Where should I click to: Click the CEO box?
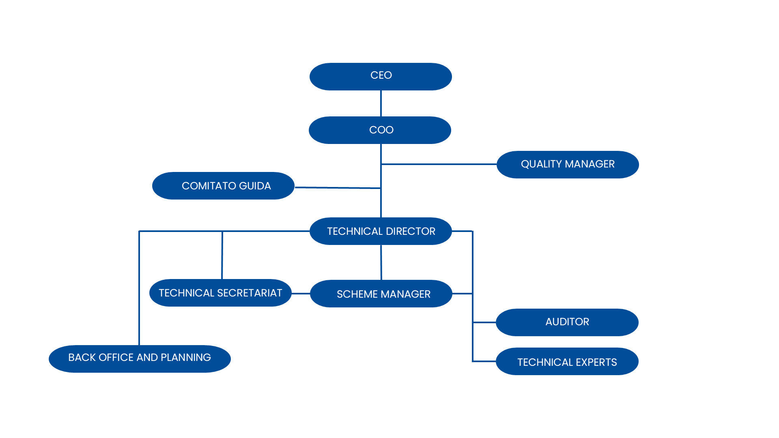click(x=381, y=76)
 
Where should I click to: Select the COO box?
click(x=380, y=130)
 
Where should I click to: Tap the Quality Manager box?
click(x=568, y=165)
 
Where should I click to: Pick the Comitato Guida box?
click(x=223, y=186)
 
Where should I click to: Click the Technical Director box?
click(x=381, y=231)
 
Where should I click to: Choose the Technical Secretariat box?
click(x=220, y=293)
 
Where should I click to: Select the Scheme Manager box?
click(x=381, y=294)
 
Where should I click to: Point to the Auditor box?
click(x=567, y=322)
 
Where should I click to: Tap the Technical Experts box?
click(x=567, y=361)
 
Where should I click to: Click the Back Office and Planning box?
click(x=140, y=359)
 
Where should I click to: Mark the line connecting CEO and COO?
click(x=381, y=103)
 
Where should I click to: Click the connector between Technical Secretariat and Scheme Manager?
click(x=301, y=293)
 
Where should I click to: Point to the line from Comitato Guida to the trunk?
click(x=338, y=188)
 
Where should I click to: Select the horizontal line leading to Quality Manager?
click(x=439, y=164)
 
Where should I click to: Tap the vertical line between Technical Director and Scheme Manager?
click(x=381, y=262)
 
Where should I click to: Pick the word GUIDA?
click(x=255, y=186)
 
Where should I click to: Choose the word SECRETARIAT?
click(x=250, y=293)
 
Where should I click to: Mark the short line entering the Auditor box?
click(x=484, y=322)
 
